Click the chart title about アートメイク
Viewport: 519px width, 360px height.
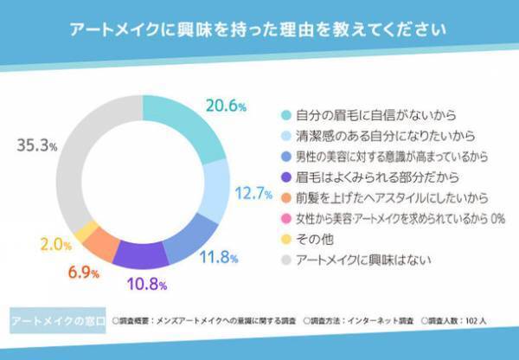259,29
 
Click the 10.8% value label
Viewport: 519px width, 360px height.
144,283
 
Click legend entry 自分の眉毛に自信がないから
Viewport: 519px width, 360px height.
362,114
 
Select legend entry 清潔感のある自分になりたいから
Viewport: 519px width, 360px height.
374,135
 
